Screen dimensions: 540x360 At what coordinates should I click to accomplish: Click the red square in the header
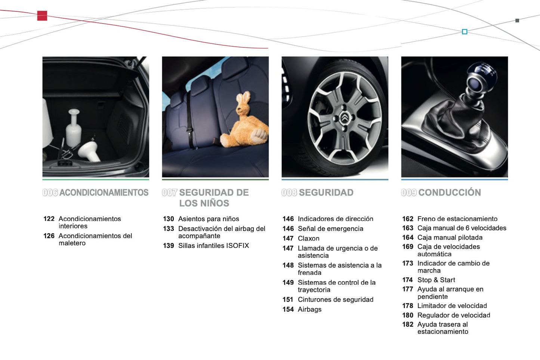pos(42,16)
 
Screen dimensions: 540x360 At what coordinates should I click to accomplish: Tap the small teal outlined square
pos(465,31)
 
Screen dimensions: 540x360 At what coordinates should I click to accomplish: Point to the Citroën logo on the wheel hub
pos(344,118)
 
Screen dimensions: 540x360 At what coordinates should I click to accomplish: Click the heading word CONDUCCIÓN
pos(450,193)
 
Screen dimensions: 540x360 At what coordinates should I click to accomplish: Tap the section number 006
pos(50,193)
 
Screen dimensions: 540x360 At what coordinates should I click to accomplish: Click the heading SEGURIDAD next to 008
pos(326,193)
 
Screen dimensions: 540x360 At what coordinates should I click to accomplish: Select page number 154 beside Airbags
pos(288,310)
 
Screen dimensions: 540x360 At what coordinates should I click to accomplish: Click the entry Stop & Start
pos(436,280)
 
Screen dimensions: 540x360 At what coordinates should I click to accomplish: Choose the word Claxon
pos(309,239)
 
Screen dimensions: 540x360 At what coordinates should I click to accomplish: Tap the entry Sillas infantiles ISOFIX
pos(214,246)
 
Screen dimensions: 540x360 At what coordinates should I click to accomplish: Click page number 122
pos(49,219)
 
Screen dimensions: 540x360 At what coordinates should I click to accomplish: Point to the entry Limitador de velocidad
pos(452,306)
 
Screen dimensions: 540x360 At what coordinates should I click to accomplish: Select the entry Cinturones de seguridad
pos(336,299)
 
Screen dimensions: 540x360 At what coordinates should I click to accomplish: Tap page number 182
pos(408,324)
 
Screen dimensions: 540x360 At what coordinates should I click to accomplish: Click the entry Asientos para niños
pos(209,219)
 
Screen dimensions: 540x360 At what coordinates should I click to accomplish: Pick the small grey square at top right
pos(517,21)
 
